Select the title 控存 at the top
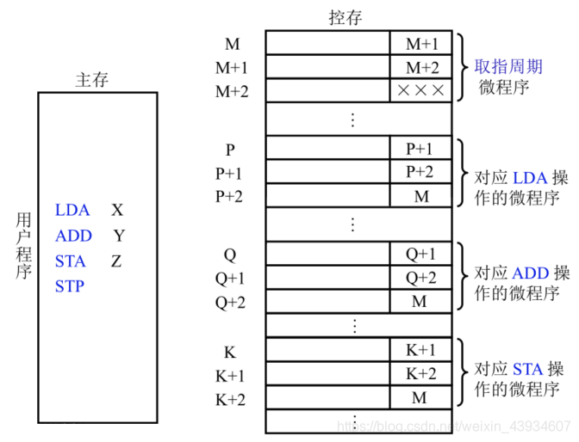tap(346, 17)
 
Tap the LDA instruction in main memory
tap(72, 210)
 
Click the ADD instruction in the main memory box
tap(73, 236)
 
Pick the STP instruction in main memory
tap(70, 286)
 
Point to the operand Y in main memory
tap(119, 236)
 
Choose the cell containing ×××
tap(420, 89)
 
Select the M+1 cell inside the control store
tap(420, 43)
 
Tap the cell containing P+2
tap(420, 172)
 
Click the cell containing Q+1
tap(420, 255)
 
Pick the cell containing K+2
tap(420, 374)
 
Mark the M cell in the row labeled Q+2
tap(420, 302)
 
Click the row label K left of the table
tap(230, 352)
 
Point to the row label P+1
tap(230, 173)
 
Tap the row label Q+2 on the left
tap(230, 302)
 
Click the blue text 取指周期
tap(508, 66)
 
